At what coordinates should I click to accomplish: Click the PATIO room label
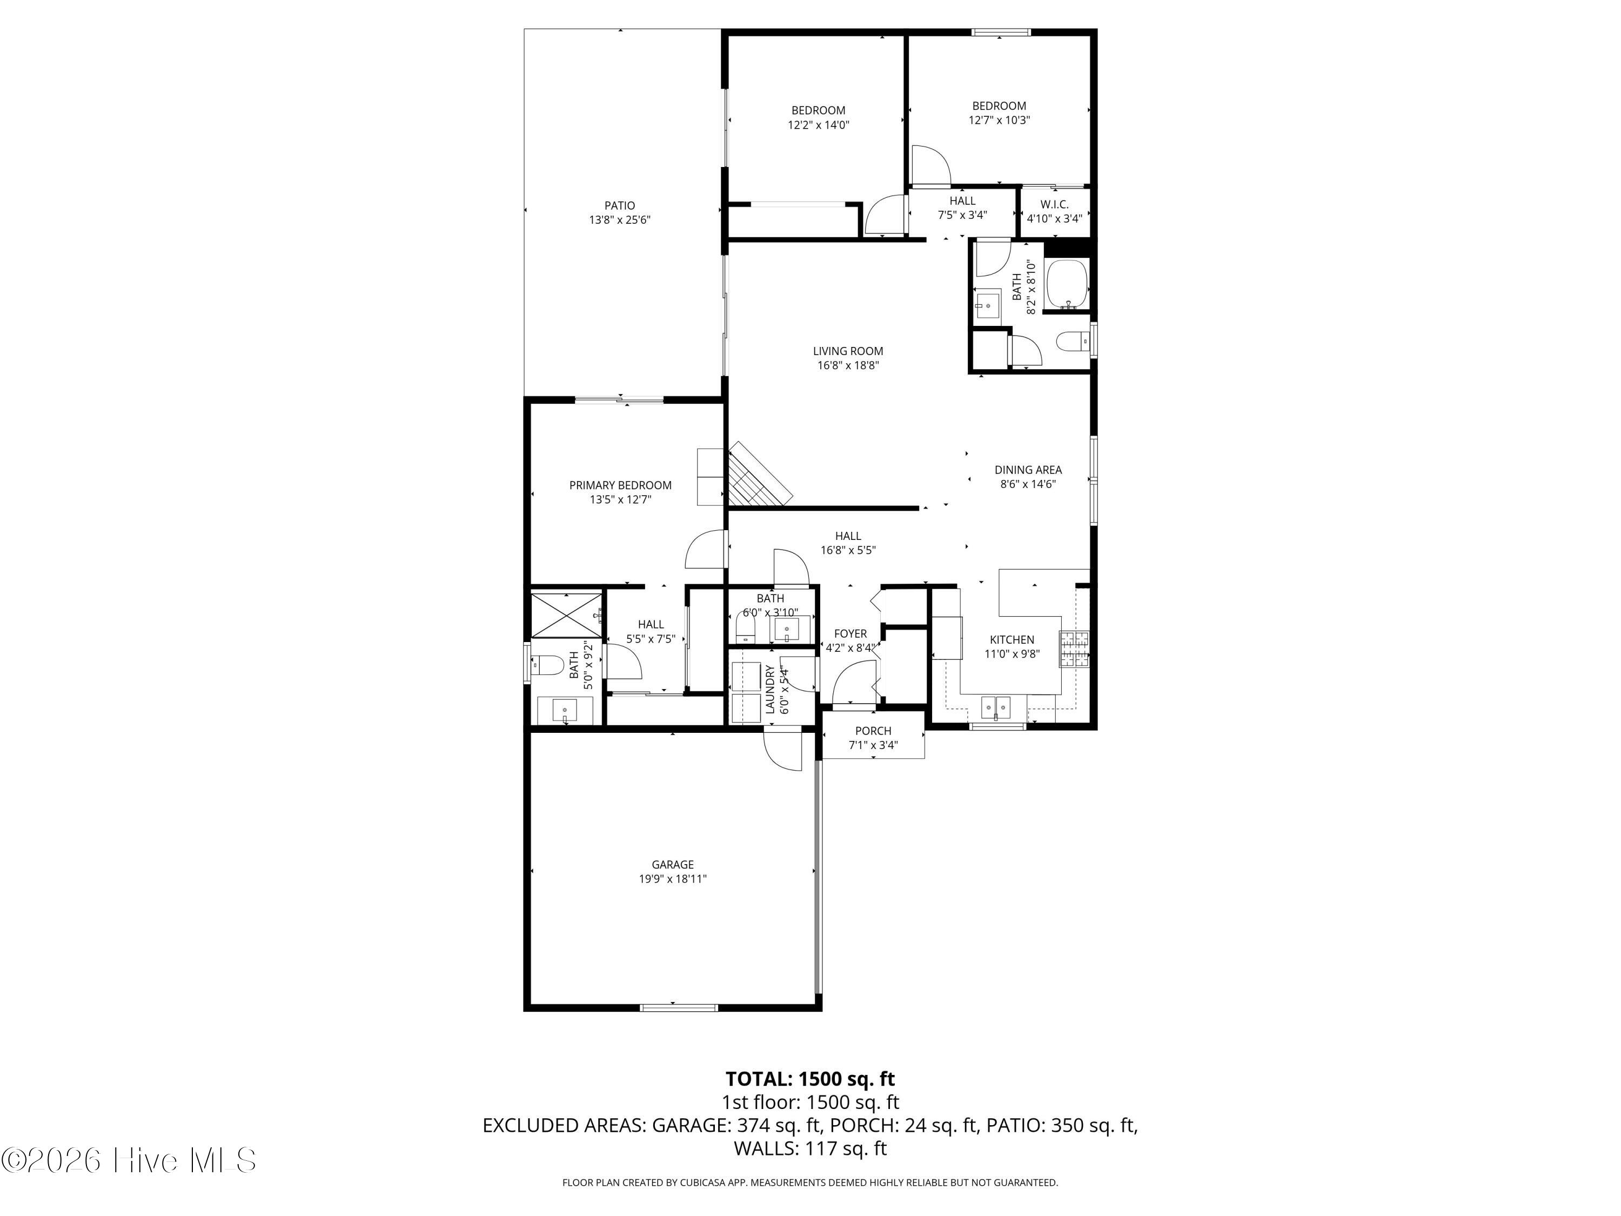[x=619, y=206]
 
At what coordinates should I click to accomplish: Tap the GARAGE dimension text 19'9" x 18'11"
[x=673, y=879]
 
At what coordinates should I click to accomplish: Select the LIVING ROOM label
[x=848, y=351]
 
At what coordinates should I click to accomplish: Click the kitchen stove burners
[x=1074, y=649]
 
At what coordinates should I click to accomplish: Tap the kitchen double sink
[x=996, y=707]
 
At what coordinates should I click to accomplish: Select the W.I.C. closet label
[x=1055, y=204]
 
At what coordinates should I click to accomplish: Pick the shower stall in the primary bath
[x=566, y=614]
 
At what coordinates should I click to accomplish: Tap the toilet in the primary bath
[x=546, y=665]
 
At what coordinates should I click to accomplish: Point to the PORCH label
[x=873, y=731]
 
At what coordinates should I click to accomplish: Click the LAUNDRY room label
[x=770, y=690]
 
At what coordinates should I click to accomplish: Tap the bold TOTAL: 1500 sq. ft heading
[x=810, y=1079]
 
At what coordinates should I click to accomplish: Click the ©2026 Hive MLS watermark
[x=129, y=1160]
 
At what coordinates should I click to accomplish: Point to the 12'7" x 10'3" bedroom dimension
[x=999, y=120]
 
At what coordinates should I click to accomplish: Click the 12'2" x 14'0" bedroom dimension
[x=819, y=125]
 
